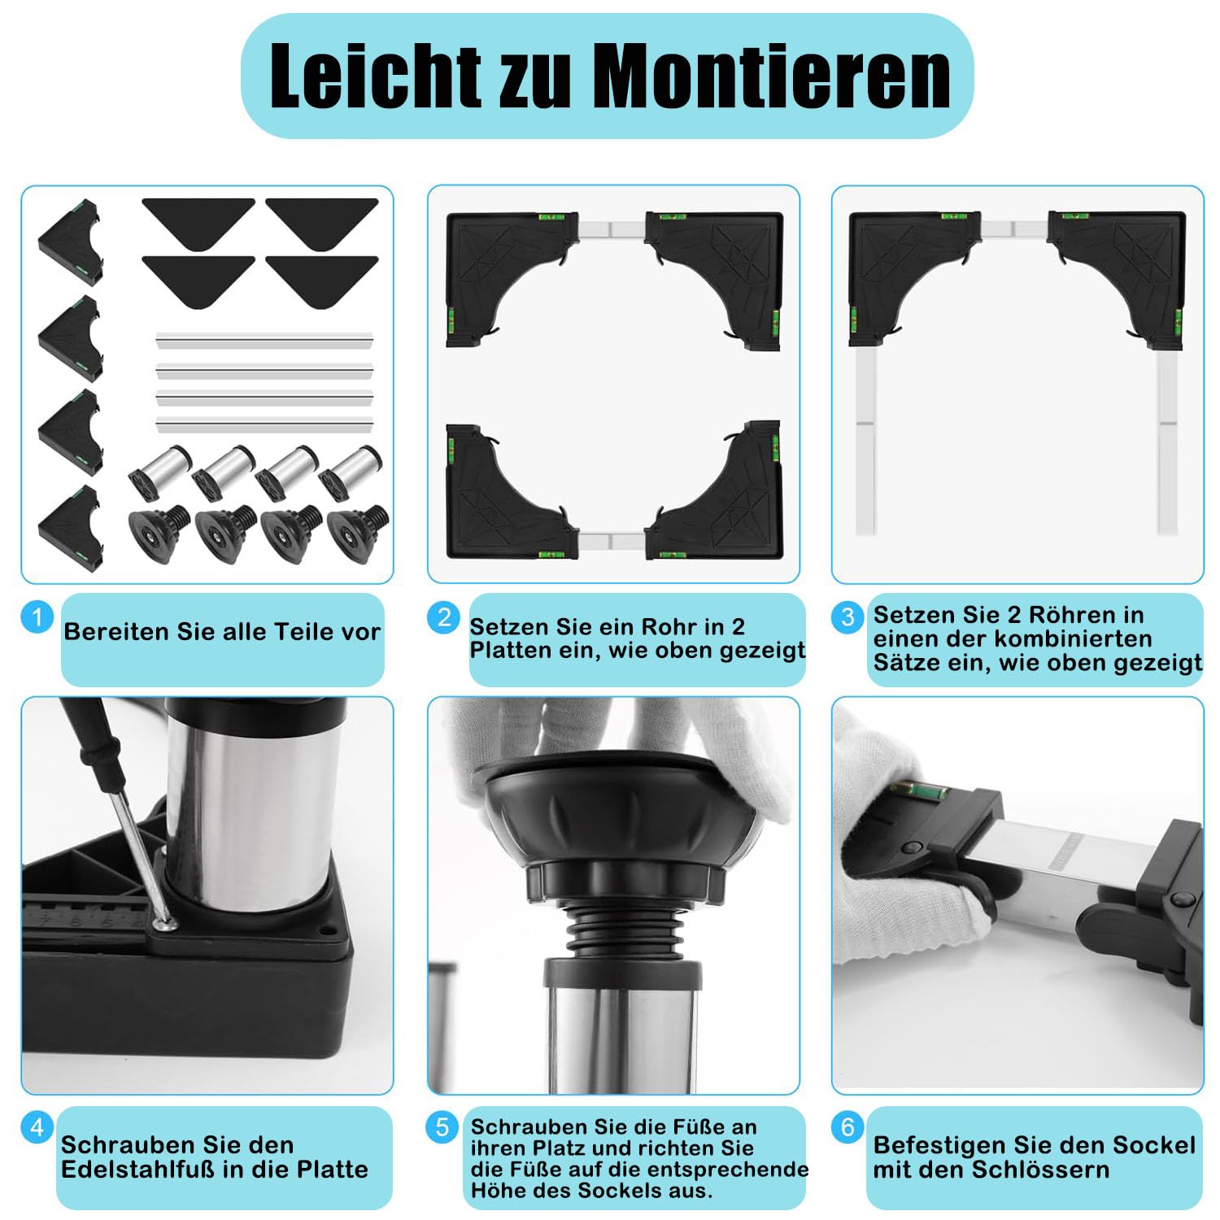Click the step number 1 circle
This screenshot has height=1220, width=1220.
pos(37,617)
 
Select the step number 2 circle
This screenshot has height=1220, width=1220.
pos(443,617)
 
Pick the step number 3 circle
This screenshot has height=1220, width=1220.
pos(847,617)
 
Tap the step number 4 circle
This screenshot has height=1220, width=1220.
pos(37,1128)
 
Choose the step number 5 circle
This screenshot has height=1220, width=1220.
pos(442,1127)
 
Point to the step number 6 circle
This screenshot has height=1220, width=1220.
pos(847,1126)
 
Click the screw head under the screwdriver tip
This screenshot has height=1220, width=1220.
pos(166,925)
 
